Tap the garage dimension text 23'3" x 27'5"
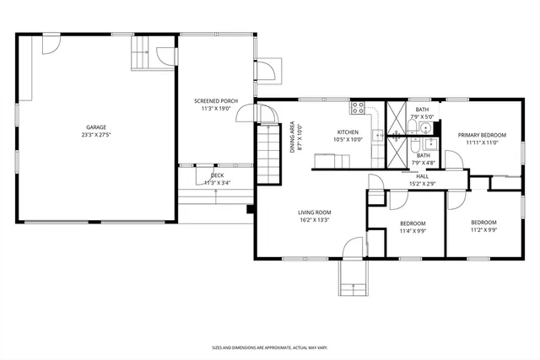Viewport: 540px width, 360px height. (x=95, y=135)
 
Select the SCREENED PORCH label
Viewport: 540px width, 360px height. (x=215, y=100)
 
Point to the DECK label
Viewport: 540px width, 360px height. (x=216, y=175)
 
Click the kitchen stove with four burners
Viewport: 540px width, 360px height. (x=358, y=108)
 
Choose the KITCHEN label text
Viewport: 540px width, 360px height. (x=348, y=132)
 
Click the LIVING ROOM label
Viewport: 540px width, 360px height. (x=314, y=212)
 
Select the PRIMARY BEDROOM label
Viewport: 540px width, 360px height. (x=482, y=135)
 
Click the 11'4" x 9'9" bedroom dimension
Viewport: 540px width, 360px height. (x=413, y=231)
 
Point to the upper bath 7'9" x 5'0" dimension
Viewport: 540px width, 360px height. (x=422, y=117)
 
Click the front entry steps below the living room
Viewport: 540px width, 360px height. (x=353, y=278)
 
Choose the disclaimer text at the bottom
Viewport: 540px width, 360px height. (x=269, y=347)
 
